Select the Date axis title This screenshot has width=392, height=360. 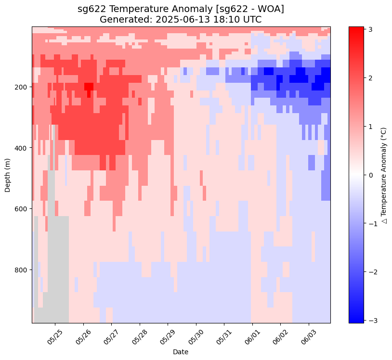tap(181, 352)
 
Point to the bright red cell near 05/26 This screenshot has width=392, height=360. tap(89, 87)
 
